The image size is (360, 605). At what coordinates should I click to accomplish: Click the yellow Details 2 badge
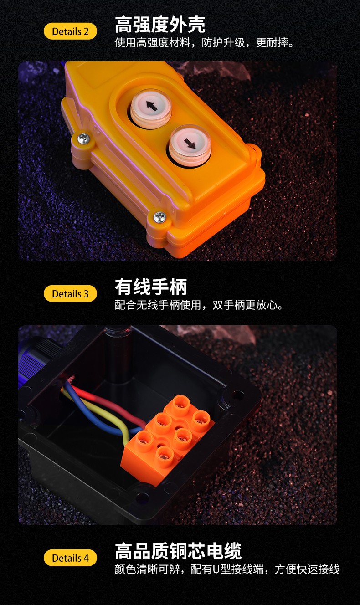tap(70, 31)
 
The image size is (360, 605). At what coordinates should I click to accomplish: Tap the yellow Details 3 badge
tap(70, 293)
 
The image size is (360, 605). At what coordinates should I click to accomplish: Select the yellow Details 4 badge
tap(70, 558)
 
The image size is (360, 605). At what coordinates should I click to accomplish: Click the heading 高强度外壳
tap(160, 25)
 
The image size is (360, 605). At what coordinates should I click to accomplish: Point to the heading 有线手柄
tap(151, 287)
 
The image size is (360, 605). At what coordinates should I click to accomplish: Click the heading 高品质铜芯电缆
tap(178, 551)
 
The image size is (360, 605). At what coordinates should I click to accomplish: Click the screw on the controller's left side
tap(83, 139)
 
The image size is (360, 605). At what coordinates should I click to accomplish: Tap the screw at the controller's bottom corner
tap(160, 217)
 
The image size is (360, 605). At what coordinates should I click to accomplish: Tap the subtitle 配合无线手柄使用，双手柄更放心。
tap(199, 305)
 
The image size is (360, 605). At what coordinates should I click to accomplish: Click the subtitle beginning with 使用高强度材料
tap(204, 43)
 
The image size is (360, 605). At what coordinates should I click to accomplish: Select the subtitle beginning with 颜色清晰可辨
tap(227, 569)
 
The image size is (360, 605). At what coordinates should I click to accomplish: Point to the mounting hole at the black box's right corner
tap(238, 395)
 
